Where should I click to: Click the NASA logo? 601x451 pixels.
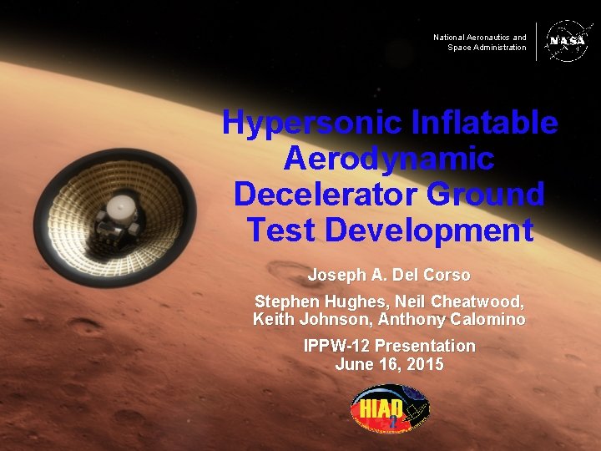(567, 41)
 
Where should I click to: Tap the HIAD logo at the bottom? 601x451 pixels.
(389, 412)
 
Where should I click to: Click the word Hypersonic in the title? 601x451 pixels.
(311, 124)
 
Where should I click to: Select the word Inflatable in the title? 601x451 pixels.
(485, 124)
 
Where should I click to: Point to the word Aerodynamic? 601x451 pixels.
(389, 159)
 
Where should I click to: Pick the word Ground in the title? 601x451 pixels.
(485, 194)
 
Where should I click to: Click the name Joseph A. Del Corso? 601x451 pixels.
(389, 275)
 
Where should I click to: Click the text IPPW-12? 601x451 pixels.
(336, 346)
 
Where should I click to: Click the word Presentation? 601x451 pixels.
(425, 346)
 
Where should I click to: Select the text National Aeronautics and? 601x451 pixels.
(479, 38)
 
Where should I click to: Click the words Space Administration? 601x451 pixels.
(486, 48)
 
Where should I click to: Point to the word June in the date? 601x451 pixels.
(352, 365)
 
